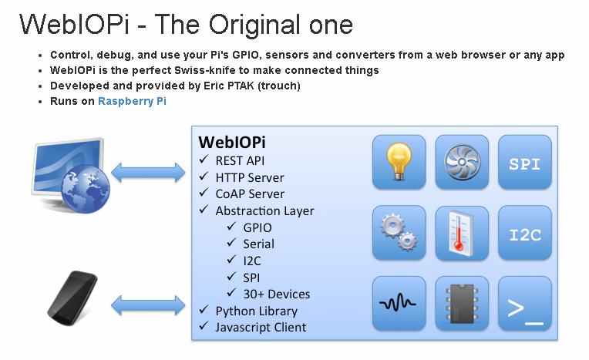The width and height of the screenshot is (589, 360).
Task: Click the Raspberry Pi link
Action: click(132, 101)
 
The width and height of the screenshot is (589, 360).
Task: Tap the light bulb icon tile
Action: click(399, 163)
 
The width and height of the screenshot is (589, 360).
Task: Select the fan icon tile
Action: click(462, 163)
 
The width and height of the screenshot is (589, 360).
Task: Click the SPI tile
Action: click(525, 163)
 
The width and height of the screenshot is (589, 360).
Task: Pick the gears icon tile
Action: click(399, 233)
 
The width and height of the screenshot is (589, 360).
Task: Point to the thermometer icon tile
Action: click(462, 233)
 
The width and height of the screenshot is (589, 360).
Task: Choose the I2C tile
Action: click(525, 234)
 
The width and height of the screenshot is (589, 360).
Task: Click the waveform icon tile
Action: click(399, 303)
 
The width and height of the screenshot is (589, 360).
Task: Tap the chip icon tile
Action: click(462, 303)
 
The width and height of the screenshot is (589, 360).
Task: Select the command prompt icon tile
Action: click(525, 303)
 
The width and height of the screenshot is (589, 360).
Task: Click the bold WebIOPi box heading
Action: click(233, 143)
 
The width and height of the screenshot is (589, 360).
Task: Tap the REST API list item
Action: click(240, 160)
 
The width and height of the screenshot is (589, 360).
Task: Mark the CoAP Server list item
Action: click(250, 193)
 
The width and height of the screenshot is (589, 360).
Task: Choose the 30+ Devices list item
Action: click(276, 294)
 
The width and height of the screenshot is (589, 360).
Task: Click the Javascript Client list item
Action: click(261, 327)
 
